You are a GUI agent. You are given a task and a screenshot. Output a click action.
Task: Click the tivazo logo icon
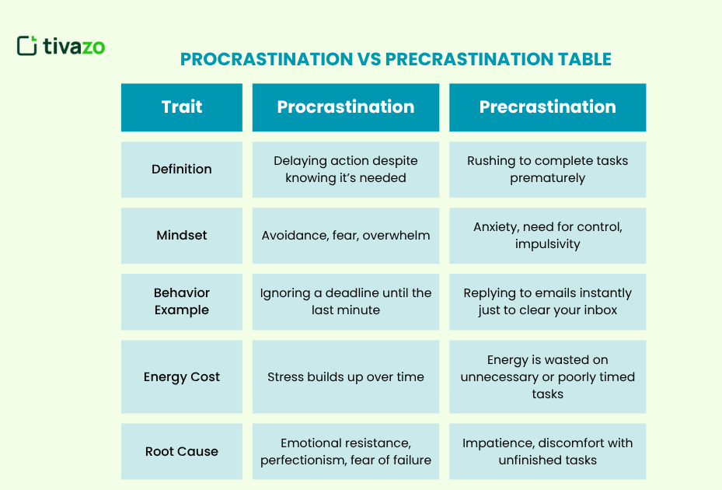(26, 46)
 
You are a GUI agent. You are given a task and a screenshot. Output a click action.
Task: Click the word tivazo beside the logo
(73, 47)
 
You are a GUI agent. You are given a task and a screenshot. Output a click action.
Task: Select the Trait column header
(182, 107)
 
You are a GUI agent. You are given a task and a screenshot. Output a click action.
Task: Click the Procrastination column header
(346, 107)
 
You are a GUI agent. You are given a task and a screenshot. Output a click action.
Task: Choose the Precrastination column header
(547, 107)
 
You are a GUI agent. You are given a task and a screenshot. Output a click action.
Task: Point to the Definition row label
(182, 169)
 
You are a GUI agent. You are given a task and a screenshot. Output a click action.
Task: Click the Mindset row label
(182, 235)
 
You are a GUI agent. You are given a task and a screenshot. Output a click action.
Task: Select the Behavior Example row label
(182, 301)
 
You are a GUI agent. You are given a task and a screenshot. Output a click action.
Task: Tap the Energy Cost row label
(182, 376)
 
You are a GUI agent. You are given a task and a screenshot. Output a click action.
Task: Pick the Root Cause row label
(182, 451)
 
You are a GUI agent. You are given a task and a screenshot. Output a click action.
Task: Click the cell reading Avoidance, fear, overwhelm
(346, 235)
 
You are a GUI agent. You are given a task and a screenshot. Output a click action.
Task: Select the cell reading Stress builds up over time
(346, 376)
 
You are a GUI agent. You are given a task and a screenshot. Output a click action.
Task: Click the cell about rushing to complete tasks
(547, 169)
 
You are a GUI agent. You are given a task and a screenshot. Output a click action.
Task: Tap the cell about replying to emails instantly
(547, 301)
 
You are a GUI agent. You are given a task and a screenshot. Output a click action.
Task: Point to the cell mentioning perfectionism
(346, 451)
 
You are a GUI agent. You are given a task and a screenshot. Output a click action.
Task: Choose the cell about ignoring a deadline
(346, 301)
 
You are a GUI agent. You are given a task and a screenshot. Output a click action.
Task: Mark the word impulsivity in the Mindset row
(547, 243)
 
